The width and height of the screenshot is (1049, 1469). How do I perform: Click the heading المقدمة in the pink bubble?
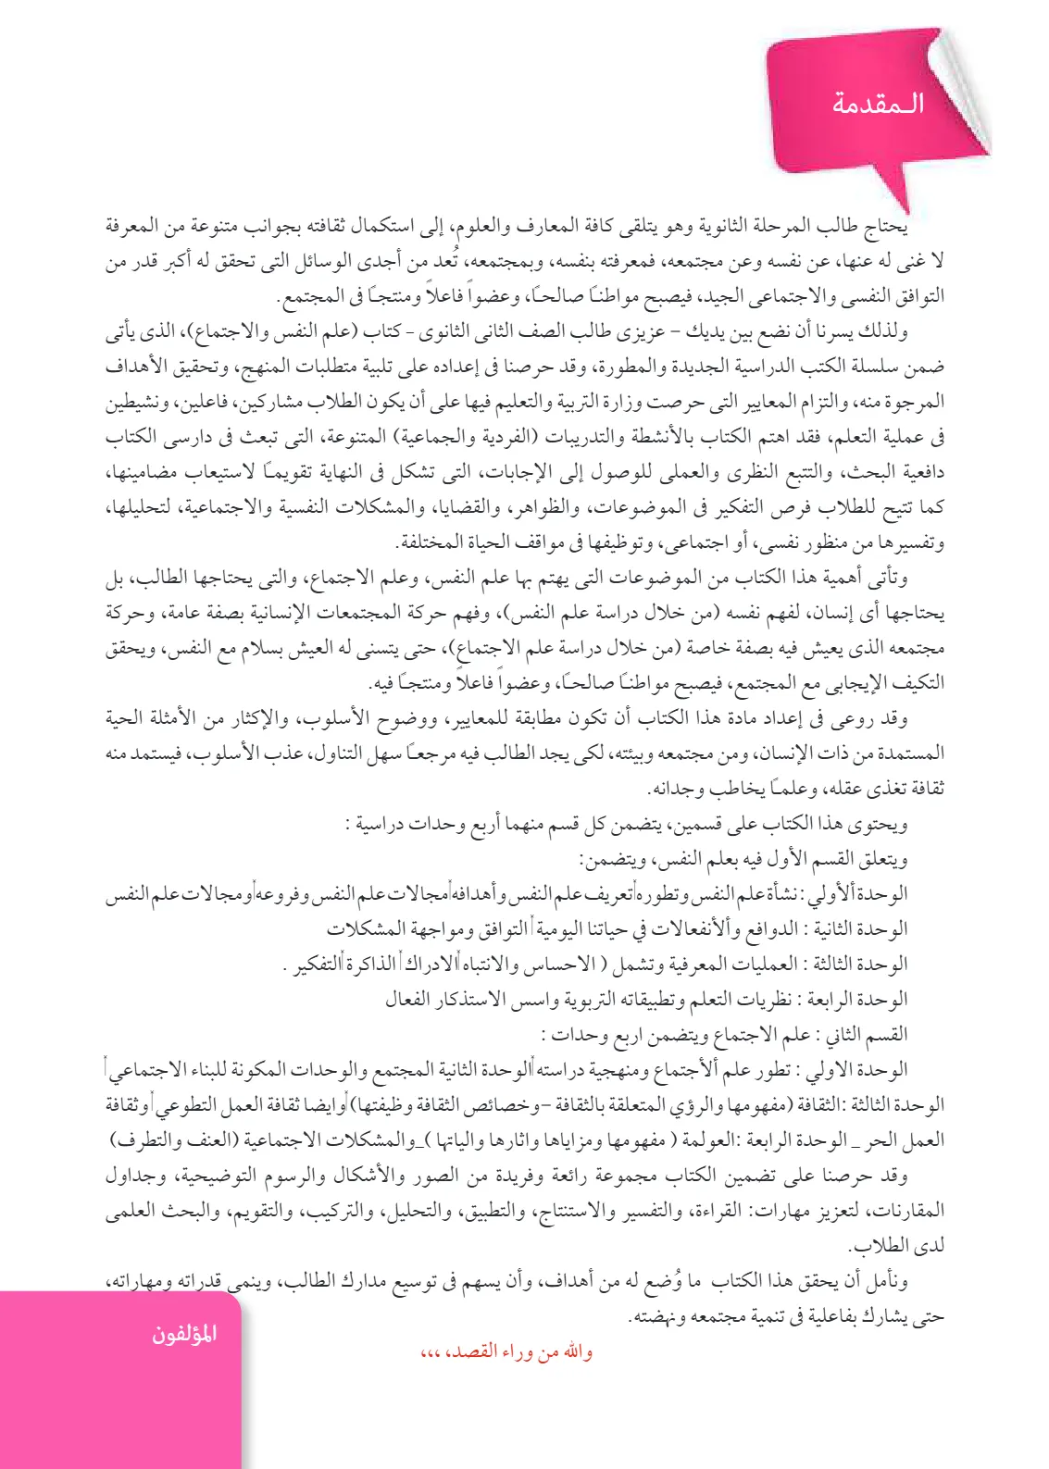point(878,103)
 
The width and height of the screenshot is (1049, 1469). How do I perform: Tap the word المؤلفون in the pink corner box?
point(184,1334)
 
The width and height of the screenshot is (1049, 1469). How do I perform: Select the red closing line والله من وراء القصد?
point(506,1352)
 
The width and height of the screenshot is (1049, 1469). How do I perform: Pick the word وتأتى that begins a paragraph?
point(888,578)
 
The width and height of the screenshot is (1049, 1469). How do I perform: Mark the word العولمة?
point(707,1140)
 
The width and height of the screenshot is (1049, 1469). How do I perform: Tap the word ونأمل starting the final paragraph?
point(888,1281)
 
